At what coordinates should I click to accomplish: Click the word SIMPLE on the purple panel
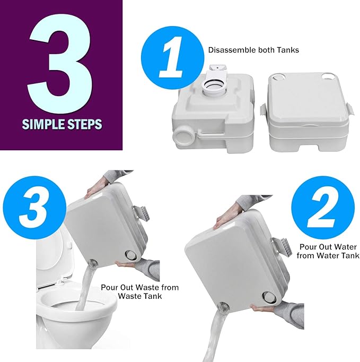click(43, 124)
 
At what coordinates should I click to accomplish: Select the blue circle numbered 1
click(172, 58)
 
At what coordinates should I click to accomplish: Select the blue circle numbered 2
click(323, 208)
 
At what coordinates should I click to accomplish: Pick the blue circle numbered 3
click(34, 208)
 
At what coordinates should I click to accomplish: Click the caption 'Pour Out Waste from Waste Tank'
click(140, 291)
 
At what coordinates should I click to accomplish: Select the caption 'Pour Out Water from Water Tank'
click(328, 251)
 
